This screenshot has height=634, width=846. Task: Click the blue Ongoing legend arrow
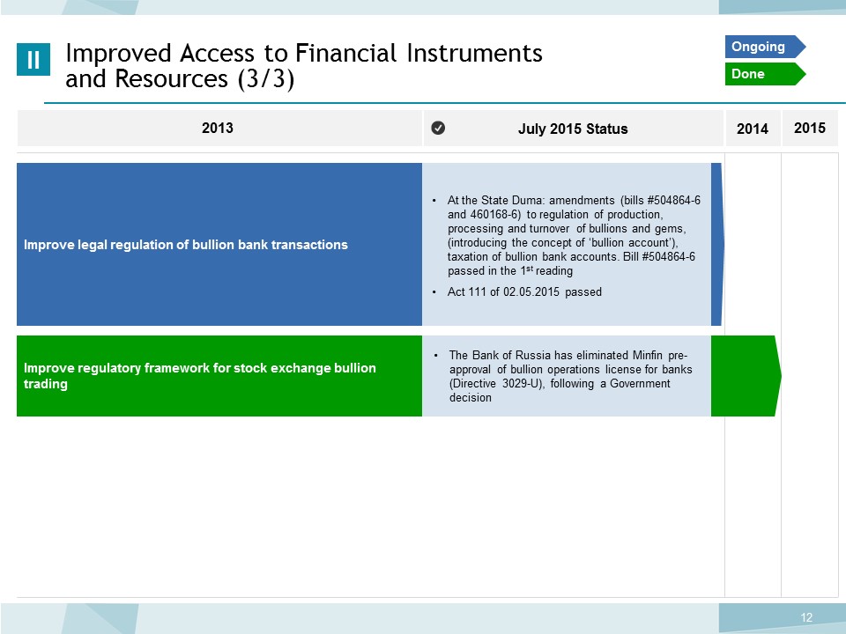(765, 47)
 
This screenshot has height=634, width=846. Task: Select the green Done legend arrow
(765, 74)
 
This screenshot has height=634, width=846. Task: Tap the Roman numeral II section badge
(33, 59)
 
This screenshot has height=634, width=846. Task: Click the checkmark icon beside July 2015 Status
(438, 128)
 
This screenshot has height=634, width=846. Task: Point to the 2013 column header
(218, 128)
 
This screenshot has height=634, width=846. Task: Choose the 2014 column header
(752, 129)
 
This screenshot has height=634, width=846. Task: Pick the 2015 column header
(809, 128)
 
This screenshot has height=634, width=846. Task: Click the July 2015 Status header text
(573, 129)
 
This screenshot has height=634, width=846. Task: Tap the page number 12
(806, 617)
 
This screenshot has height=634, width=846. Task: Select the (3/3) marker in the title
(266, 79)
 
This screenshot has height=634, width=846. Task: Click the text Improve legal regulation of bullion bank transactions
(186, 245)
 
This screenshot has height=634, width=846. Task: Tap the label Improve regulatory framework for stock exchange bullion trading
(200, 376)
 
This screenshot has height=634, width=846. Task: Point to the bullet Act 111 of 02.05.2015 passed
(524, 291)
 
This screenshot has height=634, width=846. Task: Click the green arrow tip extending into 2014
(780, 376)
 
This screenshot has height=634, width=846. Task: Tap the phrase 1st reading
(546, 270)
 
